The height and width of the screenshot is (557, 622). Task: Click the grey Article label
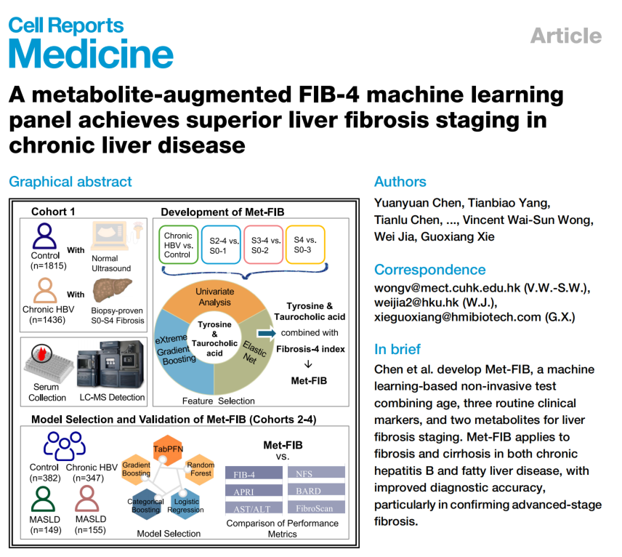click(x=565, y=36)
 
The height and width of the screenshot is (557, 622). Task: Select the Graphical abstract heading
click(x=70, y=182)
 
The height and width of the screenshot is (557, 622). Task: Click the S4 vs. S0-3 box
click(x=305, y=245)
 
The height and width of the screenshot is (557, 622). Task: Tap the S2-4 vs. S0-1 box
click(x=219, y=245)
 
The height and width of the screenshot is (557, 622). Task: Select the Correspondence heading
click(x=429, y=270)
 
